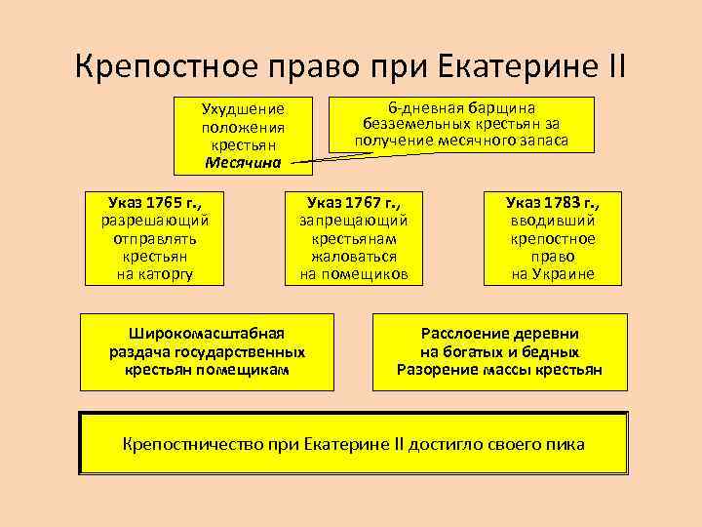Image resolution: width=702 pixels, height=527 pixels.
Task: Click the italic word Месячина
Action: point(243,162)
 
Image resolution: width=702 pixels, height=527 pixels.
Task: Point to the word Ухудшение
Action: point(243,109)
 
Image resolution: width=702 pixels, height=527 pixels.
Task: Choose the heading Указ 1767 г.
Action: point(347,203)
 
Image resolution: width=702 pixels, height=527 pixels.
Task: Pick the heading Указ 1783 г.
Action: point(553,203)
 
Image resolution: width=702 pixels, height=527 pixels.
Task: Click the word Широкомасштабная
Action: point(207,333)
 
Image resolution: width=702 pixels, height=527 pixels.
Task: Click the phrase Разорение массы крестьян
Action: point(499,370)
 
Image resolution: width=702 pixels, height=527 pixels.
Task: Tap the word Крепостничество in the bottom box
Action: point(182,444)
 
